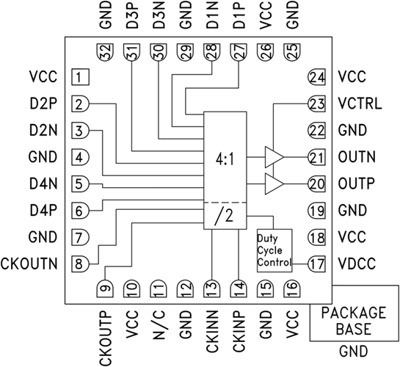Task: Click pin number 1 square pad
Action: point(81,77)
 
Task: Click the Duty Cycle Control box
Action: point(273,250)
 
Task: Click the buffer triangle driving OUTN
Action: point(274,156)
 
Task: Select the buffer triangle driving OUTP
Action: point(274,183)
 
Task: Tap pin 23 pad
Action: point(316,104)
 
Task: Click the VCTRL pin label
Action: point(360,104)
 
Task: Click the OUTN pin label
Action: point(357,157)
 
